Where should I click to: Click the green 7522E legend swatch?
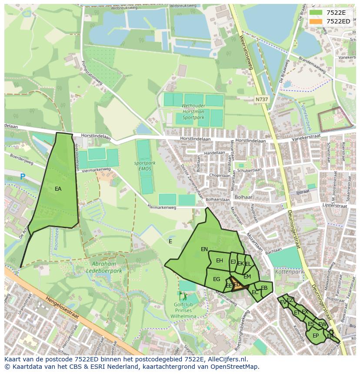tap(316, 13)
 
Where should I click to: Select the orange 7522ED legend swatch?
tap(316, 21)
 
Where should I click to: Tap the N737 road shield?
tap(262, 99)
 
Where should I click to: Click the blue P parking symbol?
tap(23, 177)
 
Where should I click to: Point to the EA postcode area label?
tap(58, 189)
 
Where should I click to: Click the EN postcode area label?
tap(204, 249)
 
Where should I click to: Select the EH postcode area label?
tap(220, 261)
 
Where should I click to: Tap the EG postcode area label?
tap(217, 279)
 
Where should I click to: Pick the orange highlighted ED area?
tap(237, 285)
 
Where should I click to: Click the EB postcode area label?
tap(264, 288)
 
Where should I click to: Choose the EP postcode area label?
tap(316, 336)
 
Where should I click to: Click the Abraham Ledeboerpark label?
tap(104, 267)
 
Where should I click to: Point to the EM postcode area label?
tap(247, 277)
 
